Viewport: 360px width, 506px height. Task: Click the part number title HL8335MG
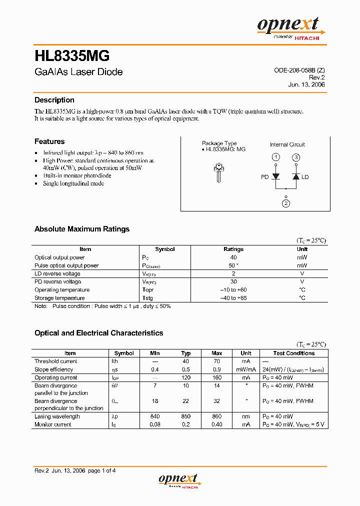click(72, 55)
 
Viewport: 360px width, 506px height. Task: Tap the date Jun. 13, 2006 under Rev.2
click(306, 84)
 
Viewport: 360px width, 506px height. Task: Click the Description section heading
click(54, 100)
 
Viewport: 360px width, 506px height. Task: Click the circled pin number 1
click(275, 157)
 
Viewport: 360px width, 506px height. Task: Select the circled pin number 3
click(296, 157)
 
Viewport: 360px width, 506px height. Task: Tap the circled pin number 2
click(285, 203)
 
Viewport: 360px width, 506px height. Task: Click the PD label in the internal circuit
click(265, 177)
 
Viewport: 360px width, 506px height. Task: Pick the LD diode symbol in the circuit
click(295, 176)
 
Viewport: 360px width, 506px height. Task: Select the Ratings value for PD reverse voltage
click(233, 281)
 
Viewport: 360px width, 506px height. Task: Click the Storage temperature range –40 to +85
click(233, 298)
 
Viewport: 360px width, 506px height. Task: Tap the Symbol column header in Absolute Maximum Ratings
click(165, 249)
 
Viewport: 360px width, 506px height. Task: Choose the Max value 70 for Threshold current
click(216, 361)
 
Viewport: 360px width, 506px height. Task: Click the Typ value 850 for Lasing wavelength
click(185, 416)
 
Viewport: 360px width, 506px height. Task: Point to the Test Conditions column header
click(294, 353)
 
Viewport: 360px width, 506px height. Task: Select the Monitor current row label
click(53, 424)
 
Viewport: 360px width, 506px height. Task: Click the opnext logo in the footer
click(178, 479)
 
